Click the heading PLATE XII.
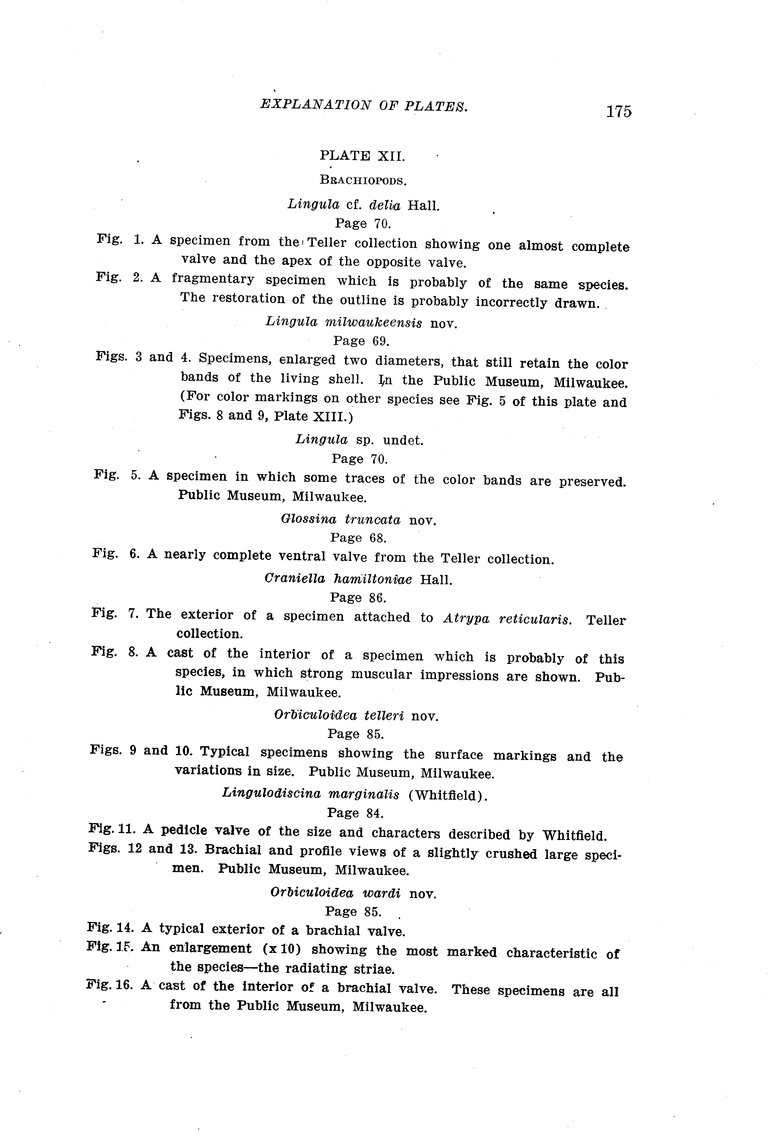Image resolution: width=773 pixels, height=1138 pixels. click(x=362, y=156)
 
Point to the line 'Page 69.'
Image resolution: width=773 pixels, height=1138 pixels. click(x=361, y=341)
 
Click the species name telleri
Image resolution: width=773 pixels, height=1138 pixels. click(x=384, y=716)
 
